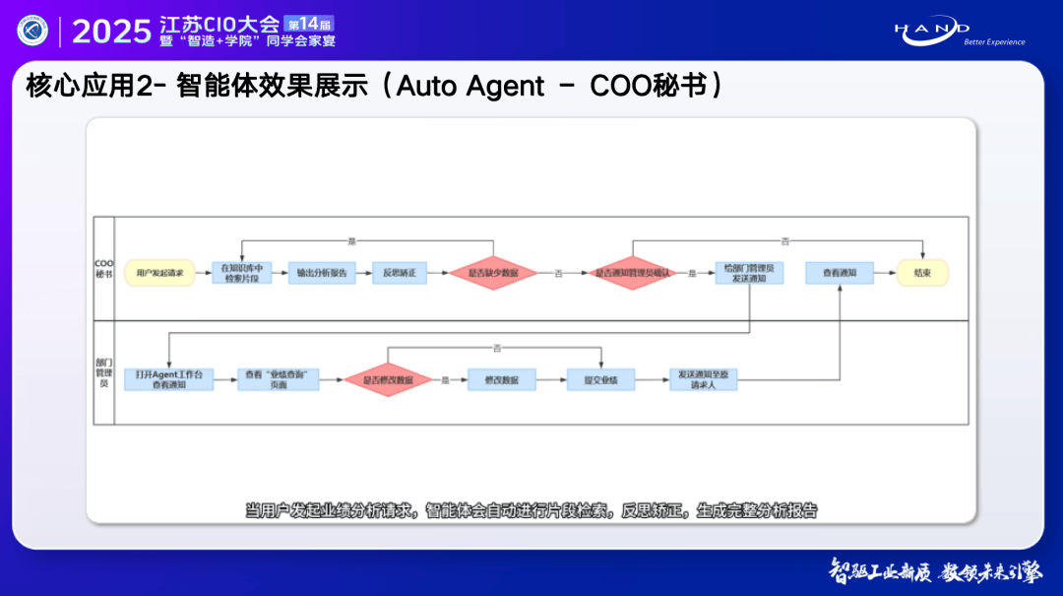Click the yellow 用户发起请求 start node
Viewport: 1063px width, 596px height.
coord(159,273)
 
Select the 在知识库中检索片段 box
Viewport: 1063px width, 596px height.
coord(241,273)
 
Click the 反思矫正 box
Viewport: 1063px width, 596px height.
coord(400,273)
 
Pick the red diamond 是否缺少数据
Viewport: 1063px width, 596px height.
coord(493,273)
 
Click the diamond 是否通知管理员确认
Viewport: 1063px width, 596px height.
coord(632,273)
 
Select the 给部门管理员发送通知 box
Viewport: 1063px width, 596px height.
coord(749,273)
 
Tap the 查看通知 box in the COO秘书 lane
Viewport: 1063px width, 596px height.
coord(840,273)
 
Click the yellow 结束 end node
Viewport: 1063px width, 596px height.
coord(922,273)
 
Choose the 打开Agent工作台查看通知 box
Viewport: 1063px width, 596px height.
coord(168,379)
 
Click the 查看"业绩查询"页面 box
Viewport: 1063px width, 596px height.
coord(279,379)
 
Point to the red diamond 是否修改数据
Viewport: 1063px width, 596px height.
coord(388,379)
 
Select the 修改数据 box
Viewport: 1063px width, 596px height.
coord(501,379)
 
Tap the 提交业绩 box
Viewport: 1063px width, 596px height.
coord(600,379)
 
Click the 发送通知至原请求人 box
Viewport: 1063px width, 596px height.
coord(704,379)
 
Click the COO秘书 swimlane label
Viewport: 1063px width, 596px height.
coord(103,269)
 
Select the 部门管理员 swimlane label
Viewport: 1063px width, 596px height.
coord(103,373)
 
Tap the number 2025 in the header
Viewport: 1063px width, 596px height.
coord(111,32)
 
